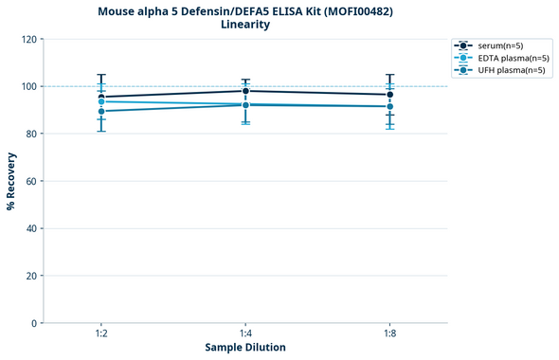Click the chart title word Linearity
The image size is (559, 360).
(x=245, y=25)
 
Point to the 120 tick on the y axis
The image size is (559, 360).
(x=28, y=40)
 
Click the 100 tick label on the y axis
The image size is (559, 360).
(x=28, y=87)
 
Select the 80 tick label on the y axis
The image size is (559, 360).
(x=31, y=135)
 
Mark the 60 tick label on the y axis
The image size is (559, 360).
(x=31, y=181)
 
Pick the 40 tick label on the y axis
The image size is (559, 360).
(x=31, y=228)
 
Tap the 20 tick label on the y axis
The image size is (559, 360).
(x=31, y=276)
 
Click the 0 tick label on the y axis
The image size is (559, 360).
(x=34, y=323)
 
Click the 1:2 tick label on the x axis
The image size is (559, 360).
(x=100, y=334)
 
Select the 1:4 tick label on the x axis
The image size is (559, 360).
(x=245, y=334)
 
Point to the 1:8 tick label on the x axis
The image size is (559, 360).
(x=389, y=334)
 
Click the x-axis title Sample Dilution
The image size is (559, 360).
(x=245, y=348)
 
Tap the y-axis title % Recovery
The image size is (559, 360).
(x=11, y=181)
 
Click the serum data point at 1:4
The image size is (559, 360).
(x=245, y=91)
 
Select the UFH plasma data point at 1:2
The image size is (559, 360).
(x=100, y=112)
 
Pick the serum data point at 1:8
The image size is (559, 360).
(x=389, y=95)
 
